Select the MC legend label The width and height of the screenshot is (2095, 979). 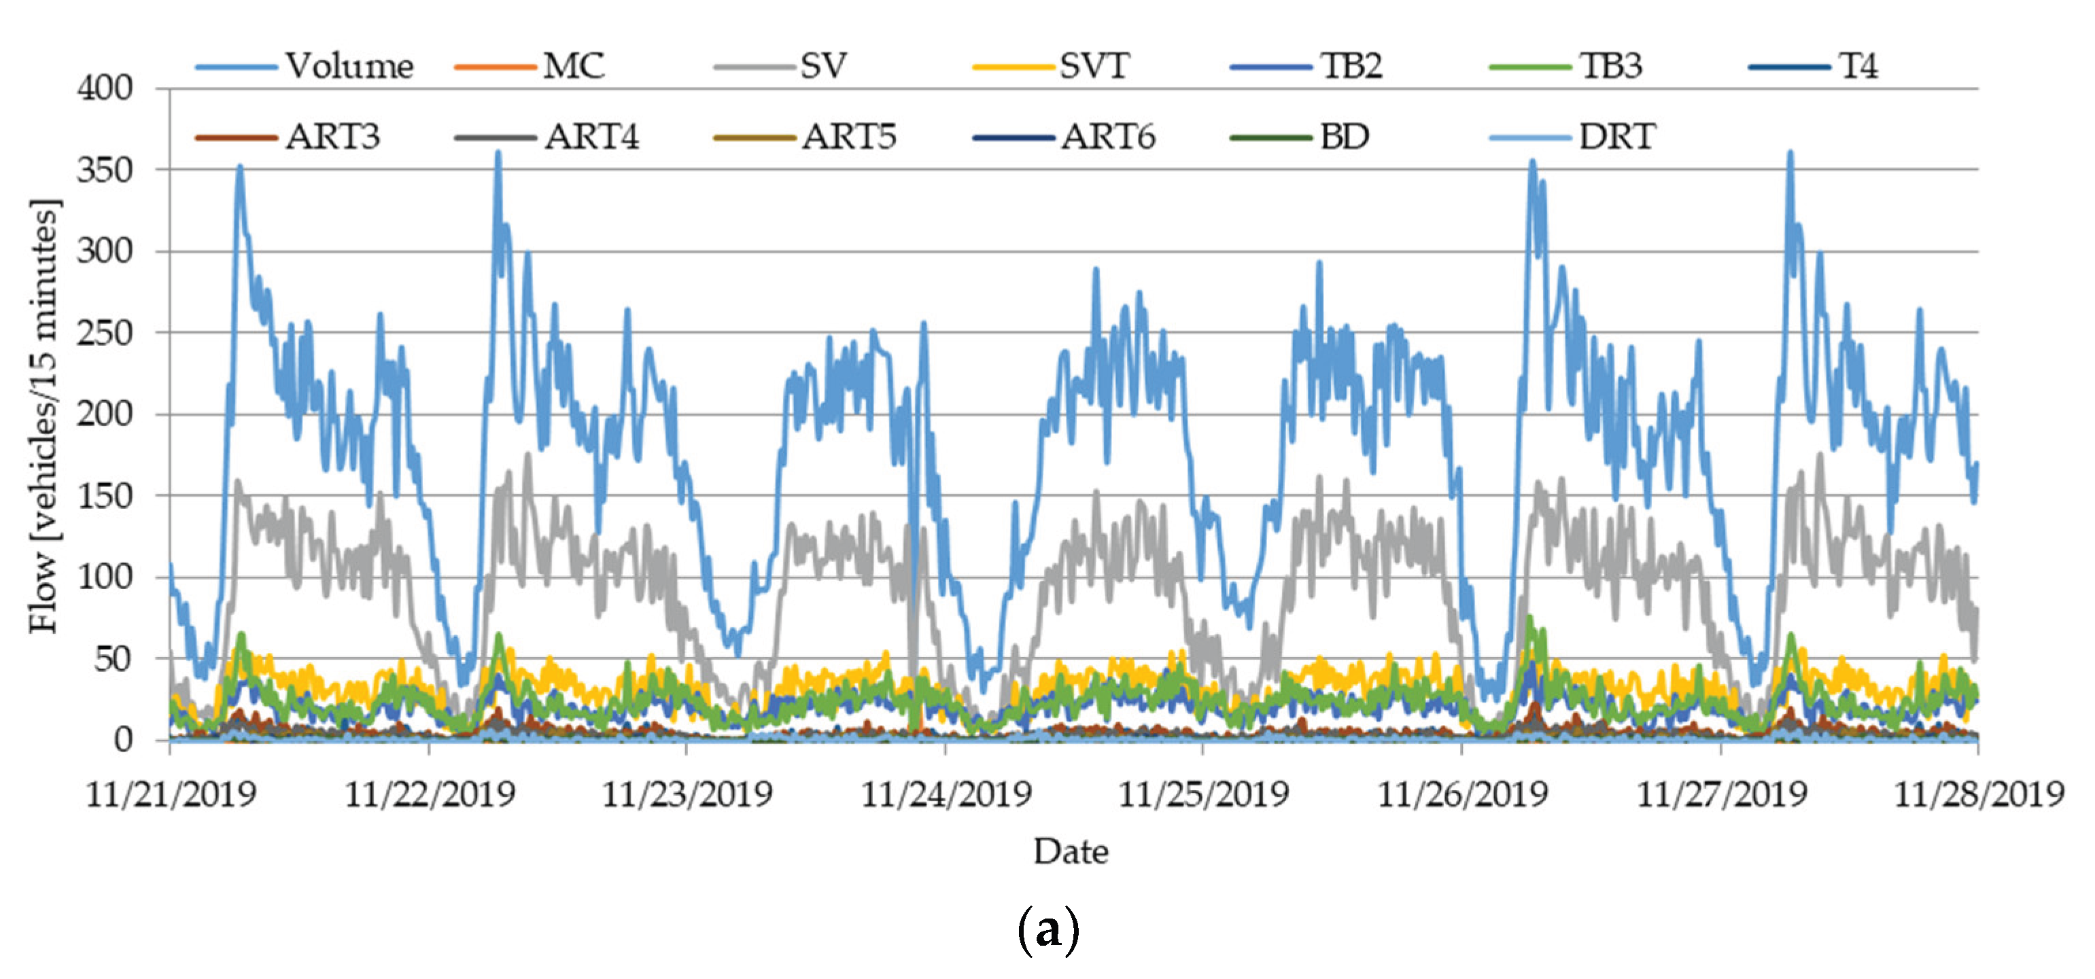[x=573, y=66]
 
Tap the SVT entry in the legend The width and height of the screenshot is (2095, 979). [x=1094, y=66]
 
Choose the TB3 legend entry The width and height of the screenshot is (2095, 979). [x=1610, y=66]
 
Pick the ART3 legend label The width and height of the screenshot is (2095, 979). [x=332, y=137]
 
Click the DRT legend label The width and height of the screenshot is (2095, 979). [x=1616, y=137]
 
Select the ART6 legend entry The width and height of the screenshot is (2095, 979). [x=1108, y=137]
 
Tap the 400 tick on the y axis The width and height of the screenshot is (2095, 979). [x=105, y=88]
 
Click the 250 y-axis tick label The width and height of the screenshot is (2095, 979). [x=105, y=333]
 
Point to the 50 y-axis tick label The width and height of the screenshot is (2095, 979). [x=113, y=658]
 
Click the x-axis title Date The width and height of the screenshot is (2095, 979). [x=1070, y=852]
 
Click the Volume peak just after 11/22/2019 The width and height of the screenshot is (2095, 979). [x=498, y=153]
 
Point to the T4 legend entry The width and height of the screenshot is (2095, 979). [x=1858, y=66]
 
